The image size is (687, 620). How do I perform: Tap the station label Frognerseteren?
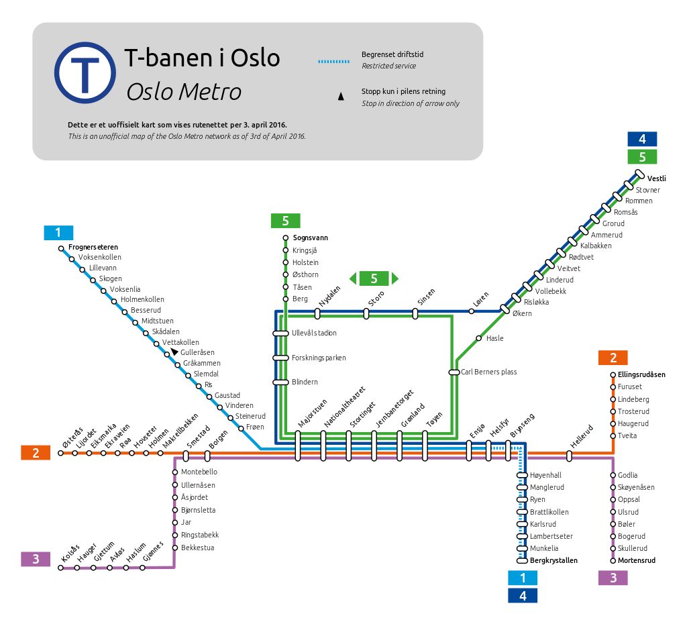(x=93, y=247)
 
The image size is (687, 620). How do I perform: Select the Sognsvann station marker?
(x=286, y=238)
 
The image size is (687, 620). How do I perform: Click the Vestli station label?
(x=656, y=178)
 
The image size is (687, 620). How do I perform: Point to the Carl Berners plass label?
(x=488, y=372)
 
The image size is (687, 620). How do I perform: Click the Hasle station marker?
(x=479, y=338)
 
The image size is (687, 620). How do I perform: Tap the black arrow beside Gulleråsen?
(x=174, y=352)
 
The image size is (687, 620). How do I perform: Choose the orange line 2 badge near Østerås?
(x=36, y=453)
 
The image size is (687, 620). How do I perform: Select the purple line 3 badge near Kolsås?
(x=36, y=559)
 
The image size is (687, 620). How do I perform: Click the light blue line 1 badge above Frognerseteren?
(x=58, y=232)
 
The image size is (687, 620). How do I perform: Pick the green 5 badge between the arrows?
(x=374, y=278)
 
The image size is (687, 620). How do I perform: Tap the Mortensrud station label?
(x=637, y=560)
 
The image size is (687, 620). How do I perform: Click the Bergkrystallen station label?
(x=553, y=560)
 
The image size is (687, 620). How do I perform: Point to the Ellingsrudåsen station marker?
(x=613, y=374)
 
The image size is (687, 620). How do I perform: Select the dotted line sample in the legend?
(x=334, y=61)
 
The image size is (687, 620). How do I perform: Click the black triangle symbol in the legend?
(x=341, y=97)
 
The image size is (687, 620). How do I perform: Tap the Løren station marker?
(x=472, y=311)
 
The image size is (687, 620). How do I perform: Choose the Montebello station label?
(x=199, y=472)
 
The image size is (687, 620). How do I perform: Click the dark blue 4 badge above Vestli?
(x=642, y=139)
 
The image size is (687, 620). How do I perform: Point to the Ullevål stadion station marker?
(x=280, y=333)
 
